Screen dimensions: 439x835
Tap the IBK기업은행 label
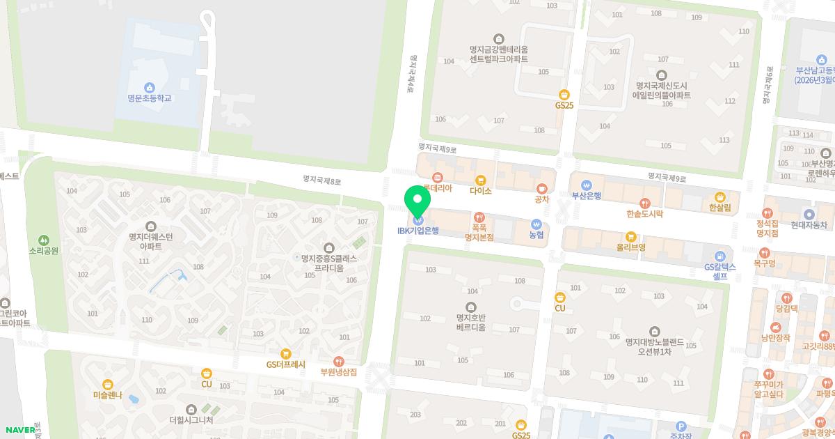pos(417,231)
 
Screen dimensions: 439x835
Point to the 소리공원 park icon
pos(44,240)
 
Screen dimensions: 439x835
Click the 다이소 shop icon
pos(480,180)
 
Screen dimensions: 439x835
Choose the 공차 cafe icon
pos(541,188)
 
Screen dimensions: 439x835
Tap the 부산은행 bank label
pos(586,196)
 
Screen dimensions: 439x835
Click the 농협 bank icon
pos(536,224)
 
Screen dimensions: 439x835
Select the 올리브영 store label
pos(630,247)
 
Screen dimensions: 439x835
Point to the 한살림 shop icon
pos(719,197)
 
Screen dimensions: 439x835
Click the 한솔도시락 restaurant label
pos(644,214)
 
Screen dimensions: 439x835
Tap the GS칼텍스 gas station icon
pos(719,256)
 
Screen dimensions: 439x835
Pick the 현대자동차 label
pos(809,225)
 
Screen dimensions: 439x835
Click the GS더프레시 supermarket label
pos(285,364)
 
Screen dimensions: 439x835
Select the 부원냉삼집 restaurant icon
pos(338,361)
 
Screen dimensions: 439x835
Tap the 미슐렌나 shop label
pos(107,395)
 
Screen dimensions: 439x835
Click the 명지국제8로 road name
pos(322,180)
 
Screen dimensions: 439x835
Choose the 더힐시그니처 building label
pos(191,420)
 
